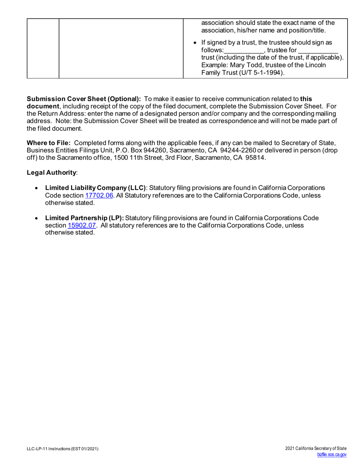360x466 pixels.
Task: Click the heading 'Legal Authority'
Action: [51, 173]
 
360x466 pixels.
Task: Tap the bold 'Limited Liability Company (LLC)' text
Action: [95, 188]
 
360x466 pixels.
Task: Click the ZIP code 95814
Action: [257, 158]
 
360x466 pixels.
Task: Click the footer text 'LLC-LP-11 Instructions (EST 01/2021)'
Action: [63, 449]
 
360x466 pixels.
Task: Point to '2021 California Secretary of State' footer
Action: [316, 449]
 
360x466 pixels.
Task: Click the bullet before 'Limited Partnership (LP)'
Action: [36, 218]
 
